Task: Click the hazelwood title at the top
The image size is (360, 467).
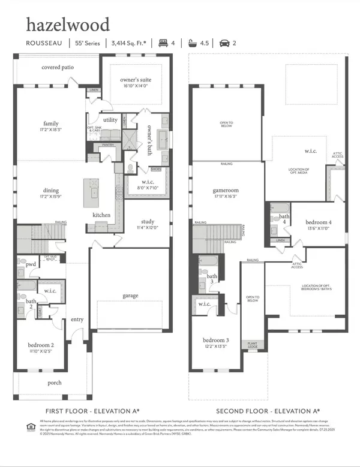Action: point(67,25)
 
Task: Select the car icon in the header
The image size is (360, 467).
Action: point(223,43)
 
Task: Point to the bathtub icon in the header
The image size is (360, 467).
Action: point(193,43)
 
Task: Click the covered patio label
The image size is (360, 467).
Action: point(58,68)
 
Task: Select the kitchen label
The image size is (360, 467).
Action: point(101,215)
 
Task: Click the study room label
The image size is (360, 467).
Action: point(148,221)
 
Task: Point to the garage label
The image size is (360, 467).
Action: point(130,295)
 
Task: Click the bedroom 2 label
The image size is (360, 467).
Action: point(40,345)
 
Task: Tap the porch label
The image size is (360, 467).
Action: point(55,382)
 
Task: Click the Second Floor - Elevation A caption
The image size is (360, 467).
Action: point(267,411)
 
